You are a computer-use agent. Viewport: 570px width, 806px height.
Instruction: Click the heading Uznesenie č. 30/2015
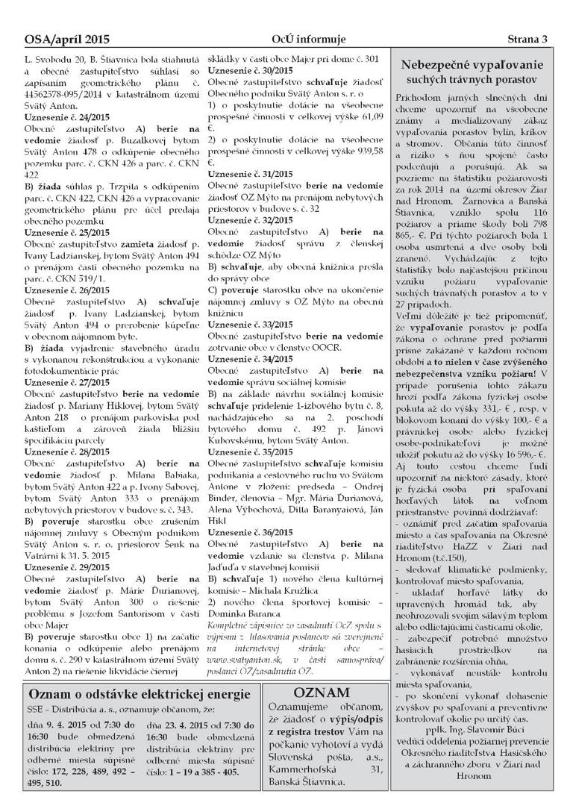(x=250, y=69)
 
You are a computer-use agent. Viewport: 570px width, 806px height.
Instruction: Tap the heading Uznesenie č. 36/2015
(x=250, y=552)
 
